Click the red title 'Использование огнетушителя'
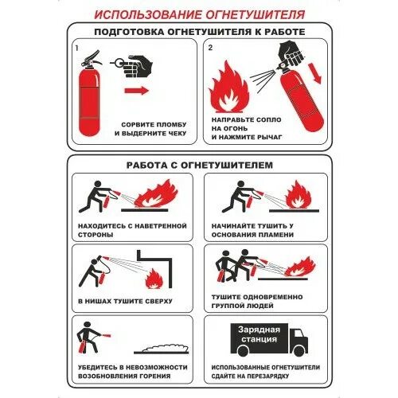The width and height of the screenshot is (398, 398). pyautogui.click(x=198, y=14)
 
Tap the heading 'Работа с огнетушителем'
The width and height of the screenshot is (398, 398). pyautogui.click(x=199, y=165)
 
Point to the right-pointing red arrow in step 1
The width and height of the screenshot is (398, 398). pyautogui.click(x=137, y=92)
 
